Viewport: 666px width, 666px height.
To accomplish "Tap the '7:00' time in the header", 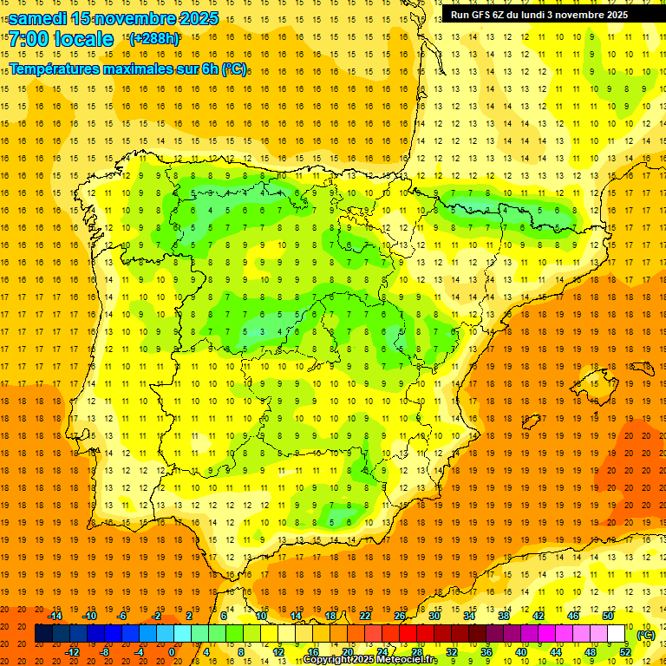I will pos(28,39).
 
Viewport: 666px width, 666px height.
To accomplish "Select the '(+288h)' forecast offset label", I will pos(154,39).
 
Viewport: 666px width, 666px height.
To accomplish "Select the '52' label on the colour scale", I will pos(625,652).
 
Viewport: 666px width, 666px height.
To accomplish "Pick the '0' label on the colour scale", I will pos(172,652).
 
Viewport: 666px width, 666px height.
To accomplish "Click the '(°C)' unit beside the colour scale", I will pos(646,636).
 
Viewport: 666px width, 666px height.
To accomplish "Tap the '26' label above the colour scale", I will pos(400,616).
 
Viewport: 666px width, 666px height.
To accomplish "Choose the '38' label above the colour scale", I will pos(504,616).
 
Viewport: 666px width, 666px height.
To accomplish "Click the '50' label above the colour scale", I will pos(608,616).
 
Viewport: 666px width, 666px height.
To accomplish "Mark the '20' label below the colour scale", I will pos(348,652).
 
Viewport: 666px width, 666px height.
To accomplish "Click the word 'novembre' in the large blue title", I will pos(131,17).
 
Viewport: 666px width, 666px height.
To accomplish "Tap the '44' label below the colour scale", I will pos(556,652).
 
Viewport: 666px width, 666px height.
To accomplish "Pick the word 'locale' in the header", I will pos(83,39).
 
